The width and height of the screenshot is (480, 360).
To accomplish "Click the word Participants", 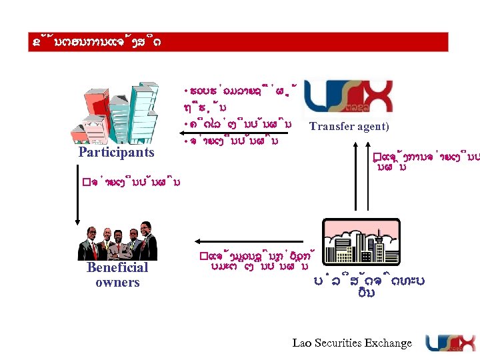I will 116,152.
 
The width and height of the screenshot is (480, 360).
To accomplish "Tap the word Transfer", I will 332,127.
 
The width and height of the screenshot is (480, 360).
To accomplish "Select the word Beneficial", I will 117,267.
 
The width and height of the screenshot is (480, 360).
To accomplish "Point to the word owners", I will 117,282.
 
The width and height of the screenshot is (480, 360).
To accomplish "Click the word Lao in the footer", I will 302,343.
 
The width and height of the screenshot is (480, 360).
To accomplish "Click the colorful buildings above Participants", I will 117,113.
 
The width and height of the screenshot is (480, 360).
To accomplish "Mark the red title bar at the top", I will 240,41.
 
